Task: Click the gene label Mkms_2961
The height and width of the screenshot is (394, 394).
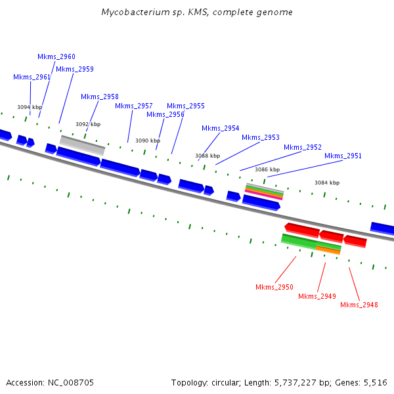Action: point(32,77)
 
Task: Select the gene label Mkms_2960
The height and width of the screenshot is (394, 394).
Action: point(56,56)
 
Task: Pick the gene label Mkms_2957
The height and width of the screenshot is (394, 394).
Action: point(134,106)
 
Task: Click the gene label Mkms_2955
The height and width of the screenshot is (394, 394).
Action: point(186,106)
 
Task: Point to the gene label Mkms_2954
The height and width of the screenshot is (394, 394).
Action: point(221,128)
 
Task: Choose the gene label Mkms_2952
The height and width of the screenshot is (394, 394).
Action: point(303,147)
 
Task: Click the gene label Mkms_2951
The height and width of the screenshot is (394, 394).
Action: point(343,156)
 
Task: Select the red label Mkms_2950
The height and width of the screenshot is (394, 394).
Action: point(274,287)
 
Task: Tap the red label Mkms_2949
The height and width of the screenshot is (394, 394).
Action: point(317,296)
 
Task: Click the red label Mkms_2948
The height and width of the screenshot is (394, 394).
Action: point(359,304)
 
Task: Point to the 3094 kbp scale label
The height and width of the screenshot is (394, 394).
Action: point(30,107)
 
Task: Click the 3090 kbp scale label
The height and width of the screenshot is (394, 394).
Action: point(148,141)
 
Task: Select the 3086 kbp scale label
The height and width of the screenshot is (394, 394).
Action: point(267,169)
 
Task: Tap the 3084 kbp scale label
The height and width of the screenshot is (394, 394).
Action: point(327,183)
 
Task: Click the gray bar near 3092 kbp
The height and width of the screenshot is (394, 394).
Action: point(82,145)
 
